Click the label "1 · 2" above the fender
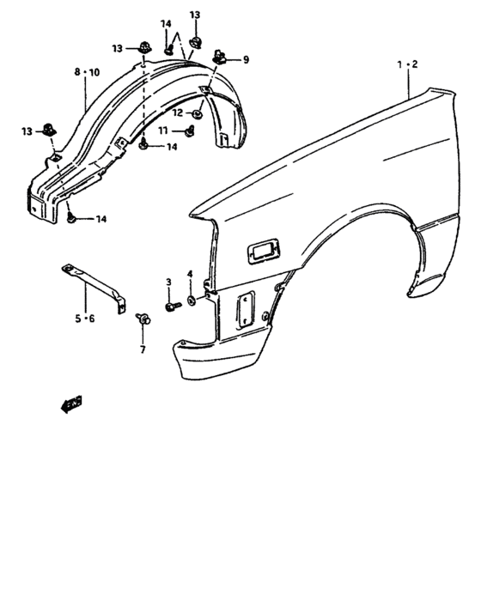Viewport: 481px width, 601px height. point(407,64)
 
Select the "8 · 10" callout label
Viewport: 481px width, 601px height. point(87,73)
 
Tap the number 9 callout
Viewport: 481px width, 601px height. point(246,59)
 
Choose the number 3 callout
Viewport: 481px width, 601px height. point(169,282)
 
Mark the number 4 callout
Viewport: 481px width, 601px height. point(190,274)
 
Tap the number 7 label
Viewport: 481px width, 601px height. point(143,349)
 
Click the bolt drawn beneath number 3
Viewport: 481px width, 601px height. point(172,304)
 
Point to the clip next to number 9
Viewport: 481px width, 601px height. point(221,58)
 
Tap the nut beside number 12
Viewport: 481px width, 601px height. point(198,112)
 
